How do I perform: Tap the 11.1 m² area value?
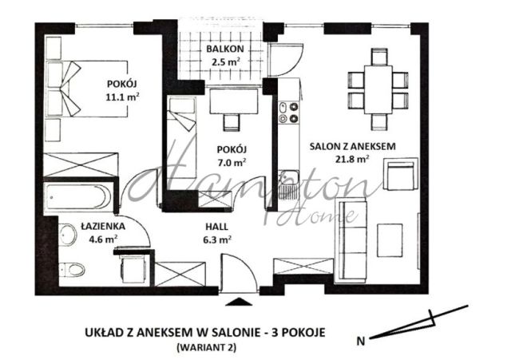(x=122, y=97)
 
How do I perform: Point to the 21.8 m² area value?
(x=351, y=158)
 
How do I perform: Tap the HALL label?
(x=216, y=226)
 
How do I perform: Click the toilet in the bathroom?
(x=73, y=269)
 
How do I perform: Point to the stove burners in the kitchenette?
(x=288, y=112)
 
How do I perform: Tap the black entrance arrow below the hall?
(x=236, y=302)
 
